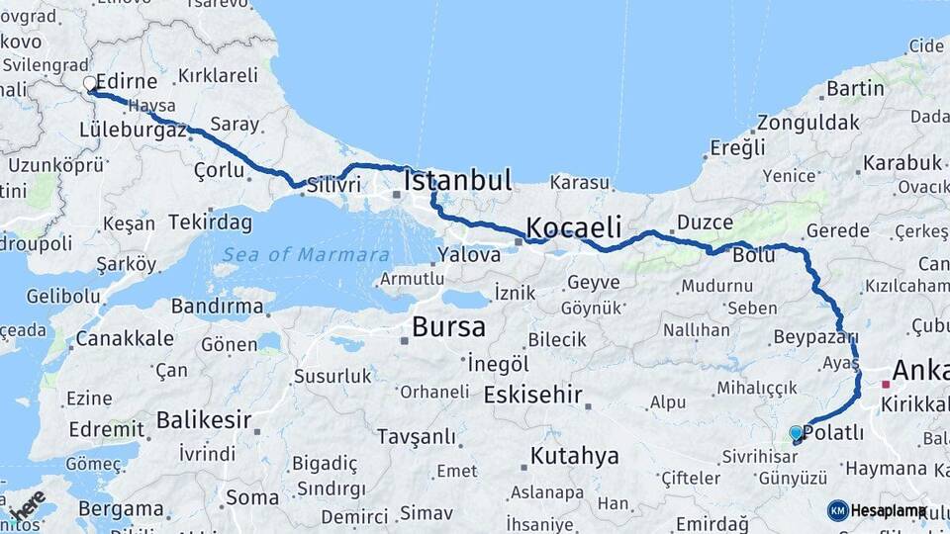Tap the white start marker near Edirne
pos(89,84)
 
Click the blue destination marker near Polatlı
pos(796,433)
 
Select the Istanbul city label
pos(458,181)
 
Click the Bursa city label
pos(448,327)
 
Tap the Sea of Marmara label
pos(305,255)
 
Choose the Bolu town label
pos(753,256)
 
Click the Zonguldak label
pos(808,124)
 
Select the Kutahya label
pos(574,456)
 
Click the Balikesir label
pos(203,420)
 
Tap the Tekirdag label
pos(210,222)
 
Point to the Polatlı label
pos(835,433)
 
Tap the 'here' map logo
pos(28,504)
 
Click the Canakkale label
pos(126,338)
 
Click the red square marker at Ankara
pos(885,384)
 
